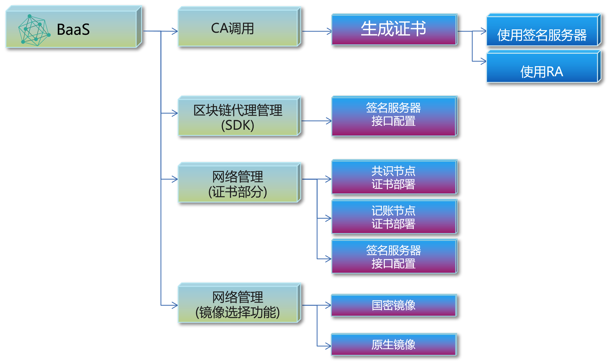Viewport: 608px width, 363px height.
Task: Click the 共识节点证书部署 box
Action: coord(394,177)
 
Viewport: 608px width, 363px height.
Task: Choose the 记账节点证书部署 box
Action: coord(394,217)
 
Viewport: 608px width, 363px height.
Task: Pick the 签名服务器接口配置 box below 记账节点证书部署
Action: coord(394,257)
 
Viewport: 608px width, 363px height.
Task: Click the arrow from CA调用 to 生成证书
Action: coord(317,31)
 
